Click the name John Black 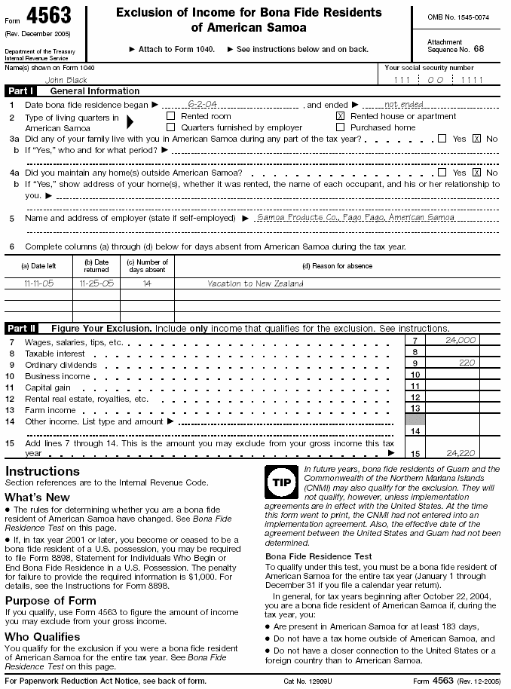(66, 80)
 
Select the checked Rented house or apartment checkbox (340, 116)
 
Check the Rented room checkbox (170, 116)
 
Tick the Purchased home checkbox (340, 127)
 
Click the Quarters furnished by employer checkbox (170, 127)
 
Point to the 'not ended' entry (403, 105)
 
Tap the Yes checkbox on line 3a (442, 139)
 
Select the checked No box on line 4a (476, 173)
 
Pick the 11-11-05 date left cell (38, 283)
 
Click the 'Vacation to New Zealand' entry (255, 283)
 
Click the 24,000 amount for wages (461, 340)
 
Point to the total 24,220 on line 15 (461, 453)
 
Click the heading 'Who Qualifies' (43, 637)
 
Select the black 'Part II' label (23, 329)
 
